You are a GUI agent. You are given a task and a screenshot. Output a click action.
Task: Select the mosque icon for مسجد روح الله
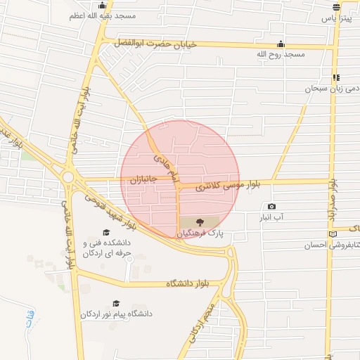(281, 44)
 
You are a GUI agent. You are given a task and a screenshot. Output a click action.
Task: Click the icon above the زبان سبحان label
(337, 77)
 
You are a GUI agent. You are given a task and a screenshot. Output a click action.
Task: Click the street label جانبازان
(141, 181)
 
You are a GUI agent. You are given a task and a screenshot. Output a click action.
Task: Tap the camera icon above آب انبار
(271, 206)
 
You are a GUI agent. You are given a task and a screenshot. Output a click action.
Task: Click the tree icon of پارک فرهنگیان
(201, 222)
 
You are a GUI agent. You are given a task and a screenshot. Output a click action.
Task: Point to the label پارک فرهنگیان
(202, 233)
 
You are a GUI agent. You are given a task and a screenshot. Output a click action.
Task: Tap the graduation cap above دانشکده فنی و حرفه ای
(107, 233)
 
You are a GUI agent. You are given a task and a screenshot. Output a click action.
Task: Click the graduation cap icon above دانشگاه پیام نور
(116, 303)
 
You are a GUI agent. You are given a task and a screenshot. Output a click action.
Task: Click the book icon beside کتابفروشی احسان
(333, 234)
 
